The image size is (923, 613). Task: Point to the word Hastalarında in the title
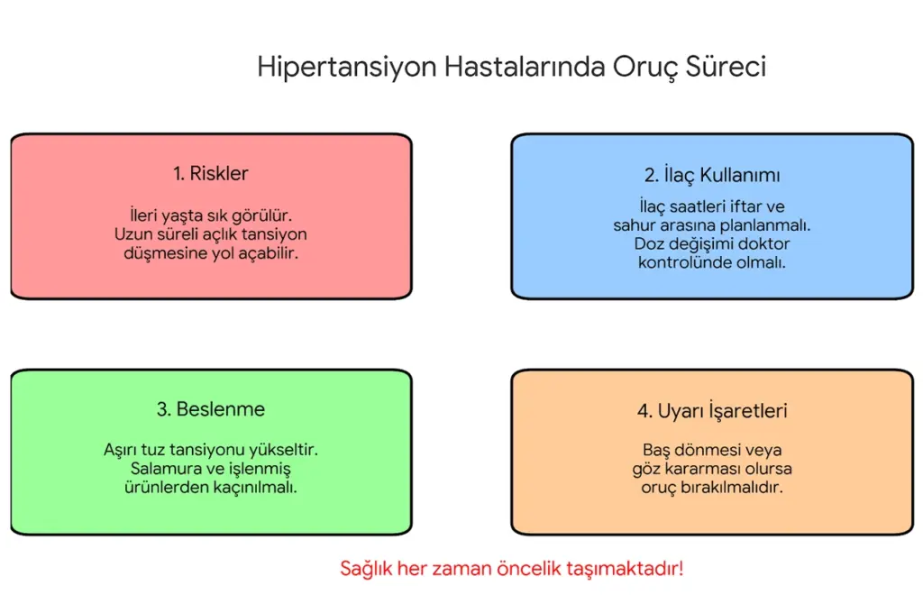(x=524, y=68)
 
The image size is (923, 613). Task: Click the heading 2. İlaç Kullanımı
(x=712, y=175)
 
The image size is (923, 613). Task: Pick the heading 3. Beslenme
(x=210, y=409)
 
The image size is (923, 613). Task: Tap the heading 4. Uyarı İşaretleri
(x=712, y=411)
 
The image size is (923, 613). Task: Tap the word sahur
(x=635, y=225)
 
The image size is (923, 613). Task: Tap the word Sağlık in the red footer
(x=367, y=569)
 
